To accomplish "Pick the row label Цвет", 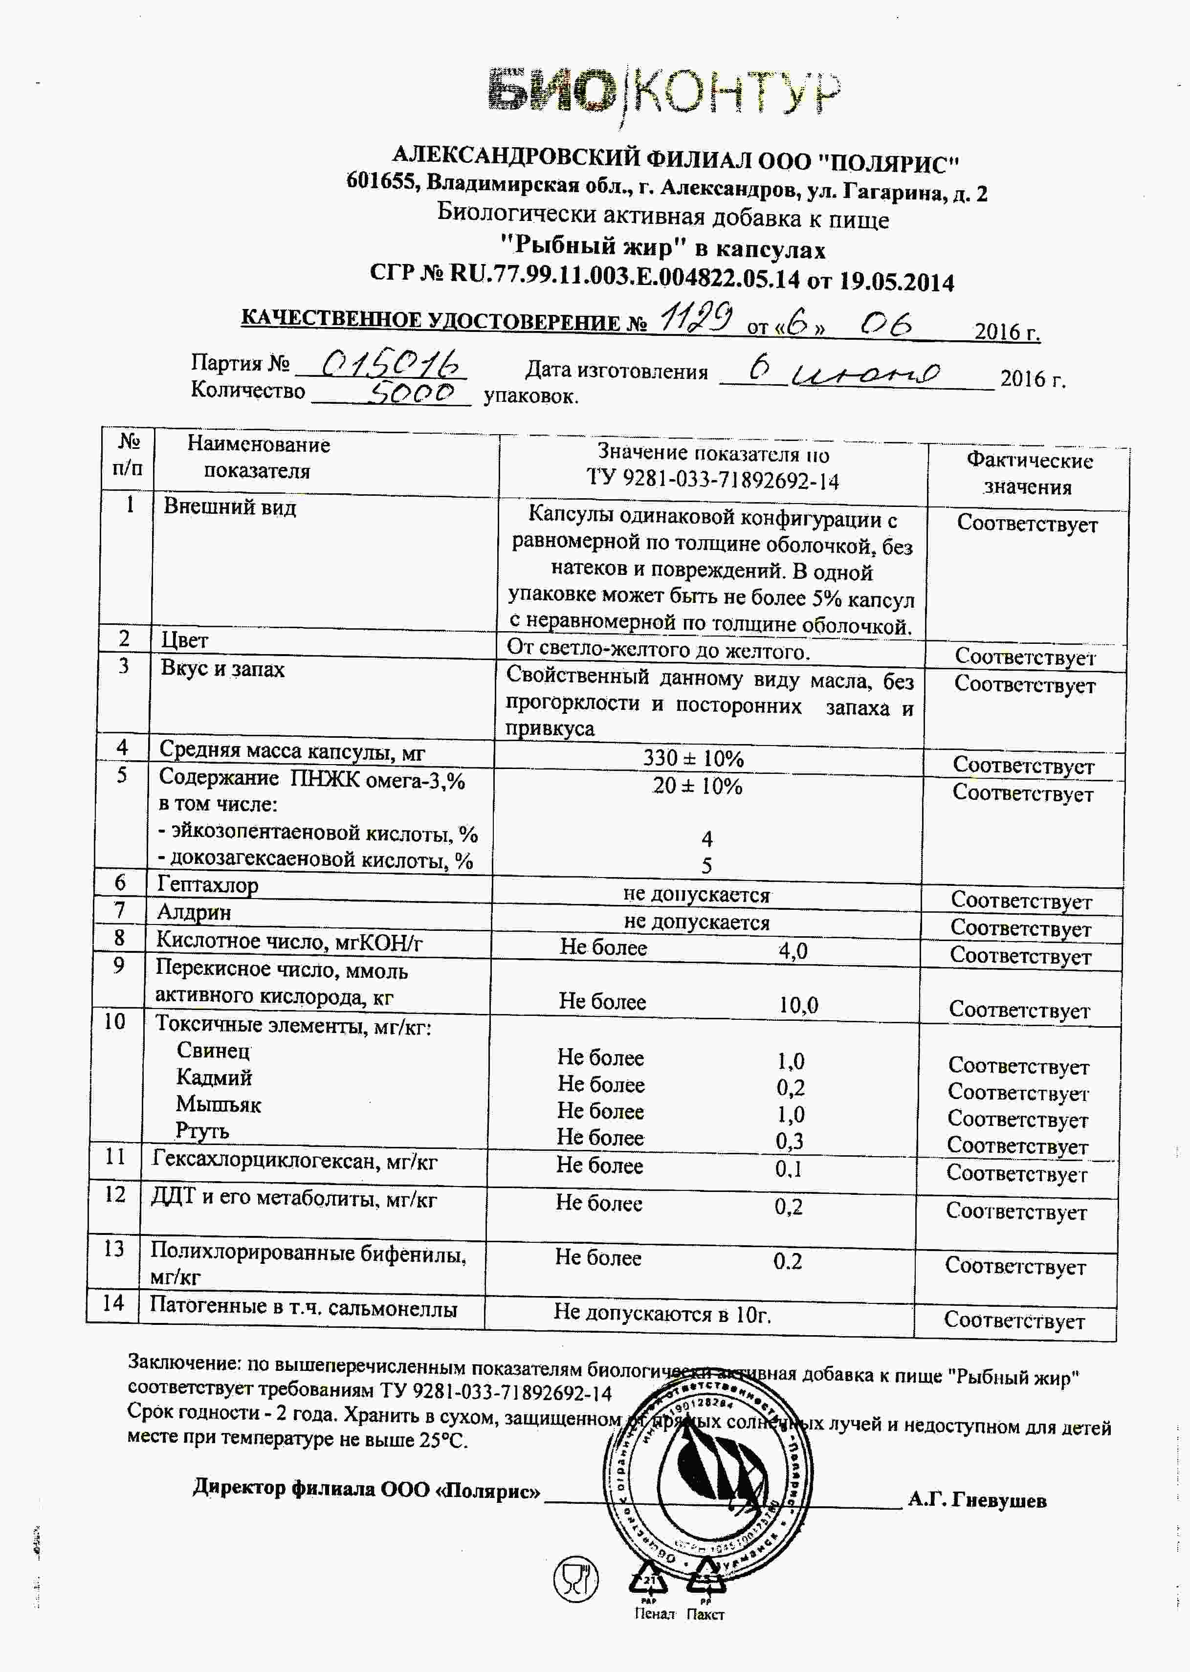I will (x=185, y=640).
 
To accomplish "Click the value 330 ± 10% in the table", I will (x=693, y=758).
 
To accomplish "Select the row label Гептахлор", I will (x=207, y=884).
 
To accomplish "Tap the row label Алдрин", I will (x=194, y=912).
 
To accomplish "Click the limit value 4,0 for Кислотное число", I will (x=793, y=951).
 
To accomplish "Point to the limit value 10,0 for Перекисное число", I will (x=798, y=1005).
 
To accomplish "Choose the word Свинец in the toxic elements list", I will (x=213, y=1050).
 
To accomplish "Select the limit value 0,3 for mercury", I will (x=790, y=1141).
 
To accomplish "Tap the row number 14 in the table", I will (x=113, y=1303).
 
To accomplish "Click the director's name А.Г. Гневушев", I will (x=977, y=1500).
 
